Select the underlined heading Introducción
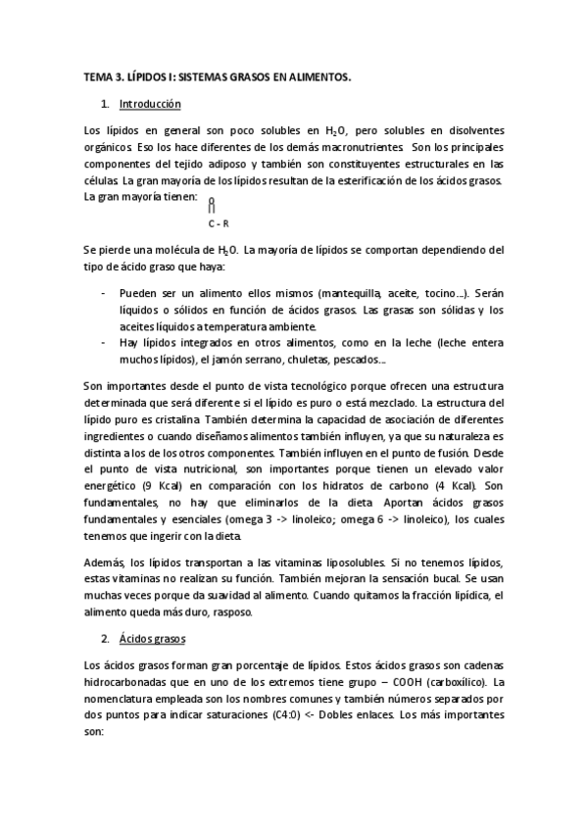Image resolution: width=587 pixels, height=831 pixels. coord(149,103)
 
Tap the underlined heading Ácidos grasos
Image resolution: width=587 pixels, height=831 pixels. coord(155,638)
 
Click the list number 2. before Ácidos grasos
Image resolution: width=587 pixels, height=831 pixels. coord(105,638)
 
